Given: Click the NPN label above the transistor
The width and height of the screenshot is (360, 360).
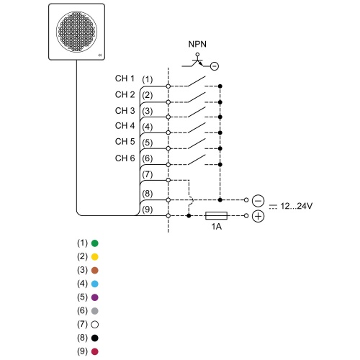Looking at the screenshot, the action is pos(197,44).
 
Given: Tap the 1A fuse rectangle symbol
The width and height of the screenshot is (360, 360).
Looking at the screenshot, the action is pos(216,216).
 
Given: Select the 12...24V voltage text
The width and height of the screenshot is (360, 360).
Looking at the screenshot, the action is pos(297,206).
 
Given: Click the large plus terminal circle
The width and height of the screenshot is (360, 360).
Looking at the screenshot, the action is pos(258,216).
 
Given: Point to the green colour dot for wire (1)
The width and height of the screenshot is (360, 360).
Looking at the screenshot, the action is pos(95,243).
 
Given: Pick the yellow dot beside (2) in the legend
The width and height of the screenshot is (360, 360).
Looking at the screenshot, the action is pos(95,257).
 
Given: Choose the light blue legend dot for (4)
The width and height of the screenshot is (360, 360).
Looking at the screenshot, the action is pos(95,284).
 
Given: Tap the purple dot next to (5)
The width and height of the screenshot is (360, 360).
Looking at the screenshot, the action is pos(95,297).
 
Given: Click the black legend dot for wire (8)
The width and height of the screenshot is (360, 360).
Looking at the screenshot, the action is pos(95,338).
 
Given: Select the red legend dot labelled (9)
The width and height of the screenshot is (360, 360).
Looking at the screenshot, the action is pos(95,351).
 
